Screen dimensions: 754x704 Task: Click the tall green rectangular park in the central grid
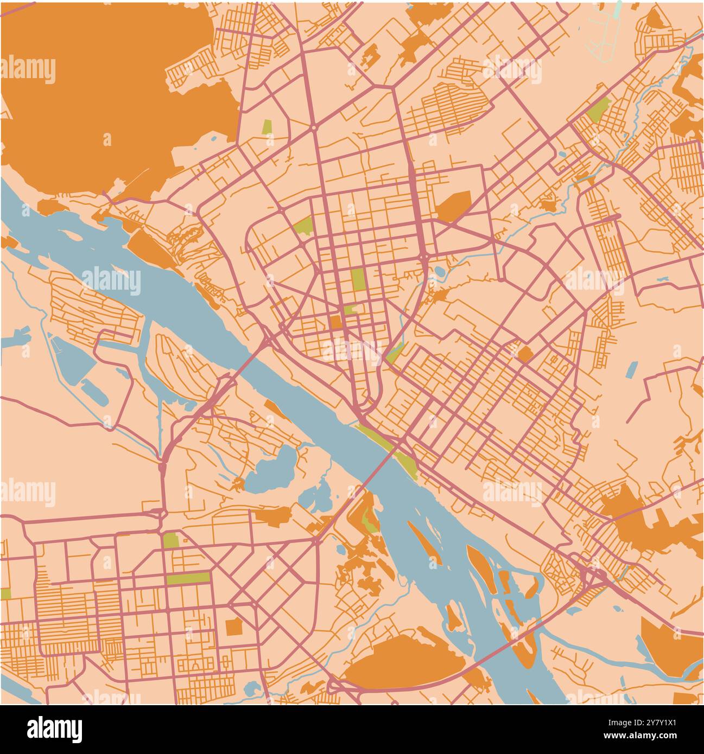coord(357,280)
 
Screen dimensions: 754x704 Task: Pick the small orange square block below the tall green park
coord(336,322)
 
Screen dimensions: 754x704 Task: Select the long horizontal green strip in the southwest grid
coord(188,578)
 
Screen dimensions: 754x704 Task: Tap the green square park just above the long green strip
coord(171,541)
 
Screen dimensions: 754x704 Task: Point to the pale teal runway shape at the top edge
coord(617,8)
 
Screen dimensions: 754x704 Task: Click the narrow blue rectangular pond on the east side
coord(631,369)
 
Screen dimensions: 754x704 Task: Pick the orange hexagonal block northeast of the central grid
coord(454,206)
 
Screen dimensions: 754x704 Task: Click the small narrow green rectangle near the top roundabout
coord(267,127)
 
